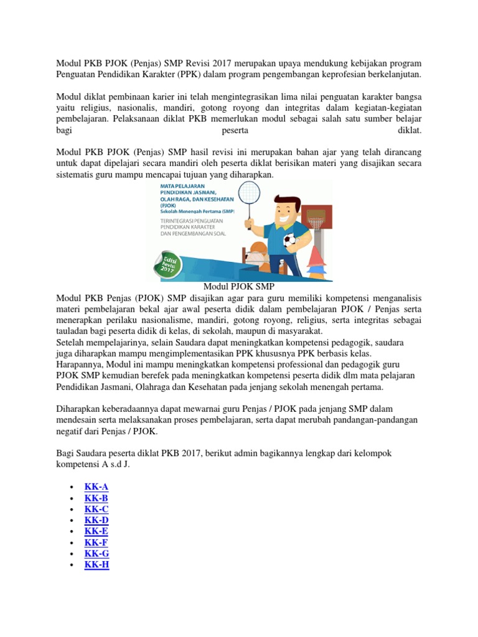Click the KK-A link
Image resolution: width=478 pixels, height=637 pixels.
[x=96, y=486]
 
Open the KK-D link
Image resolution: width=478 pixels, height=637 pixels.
[x=96, y=520]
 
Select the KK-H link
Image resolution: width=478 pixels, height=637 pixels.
[x=96, y=565]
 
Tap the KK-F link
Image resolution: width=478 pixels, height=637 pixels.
[x=96, y=542]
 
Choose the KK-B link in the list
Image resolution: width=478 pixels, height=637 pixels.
[x=96, y=498]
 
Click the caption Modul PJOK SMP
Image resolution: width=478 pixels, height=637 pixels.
[x=239, y=287]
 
